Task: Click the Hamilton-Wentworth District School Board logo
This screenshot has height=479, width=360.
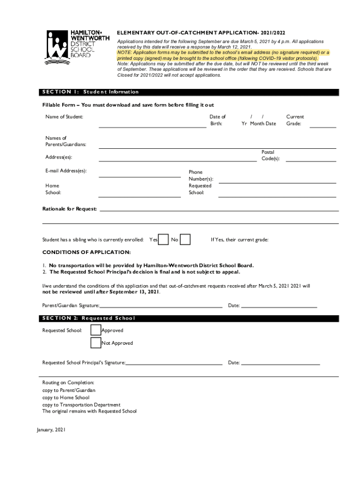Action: click(77, 47)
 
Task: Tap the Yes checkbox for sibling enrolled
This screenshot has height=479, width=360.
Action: click(164, 239)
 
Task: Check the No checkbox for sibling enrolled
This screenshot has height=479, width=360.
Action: click(185, 239)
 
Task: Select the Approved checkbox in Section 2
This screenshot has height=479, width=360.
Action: click(95, 330)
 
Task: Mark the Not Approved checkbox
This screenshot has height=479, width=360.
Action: click(95, 343)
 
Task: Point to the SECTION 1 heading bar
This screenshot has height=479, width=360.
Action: click(189, 92)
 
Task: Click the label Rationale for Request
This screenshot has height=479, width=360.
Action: click(70, 209)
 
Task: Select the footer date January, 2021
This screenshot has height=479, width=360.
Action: click(51, 429)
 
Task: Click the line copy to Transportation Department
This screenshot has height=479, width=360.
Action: click(81, 405)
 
